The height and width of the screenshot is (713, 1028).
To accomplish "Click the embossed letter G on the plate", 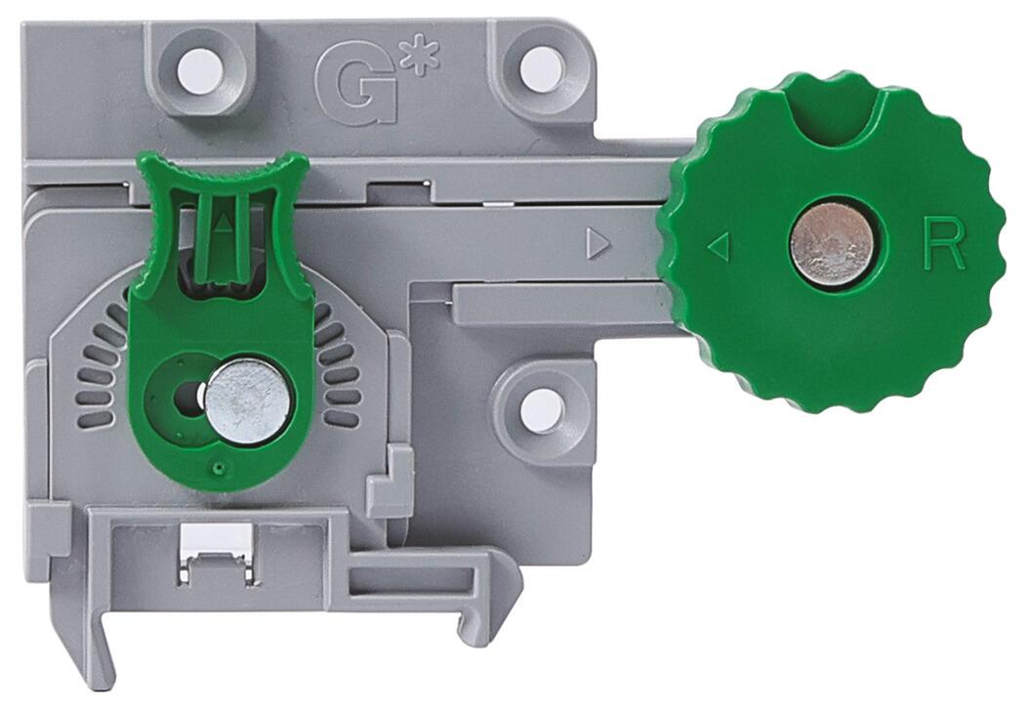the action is point(356,87).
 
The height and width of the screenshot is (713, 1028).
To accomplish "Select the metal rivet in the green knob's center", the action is point(832,244).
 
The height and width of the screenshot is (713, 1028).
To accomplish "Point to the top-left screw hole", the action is point(200,67).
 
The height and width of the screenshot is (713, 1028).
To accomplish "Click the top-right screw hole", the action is point(542,67).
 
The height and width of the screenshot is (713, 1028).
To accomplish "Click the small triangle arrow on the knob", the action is point(719,247).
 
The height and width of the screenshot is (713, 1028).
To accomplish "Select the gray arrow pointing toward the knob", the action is point(597,244).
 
